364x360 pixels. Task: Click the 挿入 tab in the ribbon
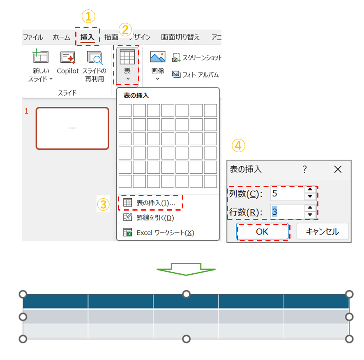pos(87,37)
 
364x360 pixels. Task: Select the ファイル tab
pos(33,37)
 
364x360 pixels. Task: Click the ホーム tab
pos(61,37)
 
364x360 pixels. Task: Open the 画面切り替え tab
pos(180,37)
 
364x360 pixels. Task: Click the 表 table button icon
pos(127,57)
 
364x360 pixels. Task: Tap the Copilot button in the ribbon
pos(68,63)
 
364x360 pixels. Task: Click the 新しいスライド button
pos(41,65)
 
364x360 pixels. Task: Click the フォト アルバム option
pos(196,75)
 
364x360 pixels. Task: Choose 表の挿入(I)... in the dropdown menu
pos(150,203)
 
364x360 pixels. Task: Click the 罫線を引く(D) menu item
pos(149,218)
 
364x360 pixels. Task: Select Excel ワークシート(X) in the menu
pos(159,233)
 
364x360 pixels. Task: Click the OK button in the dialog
pos(263,232)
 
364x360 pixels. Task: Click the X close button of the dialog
pos(338,170)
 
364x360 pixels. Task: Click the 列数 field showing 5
pos(288,193)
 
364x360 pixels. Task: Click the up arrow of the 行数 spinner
pos(310,208)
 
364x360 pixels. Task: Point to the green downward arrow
pos(186,269)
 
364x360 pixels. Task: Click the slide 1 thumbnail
pos(72,128)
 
